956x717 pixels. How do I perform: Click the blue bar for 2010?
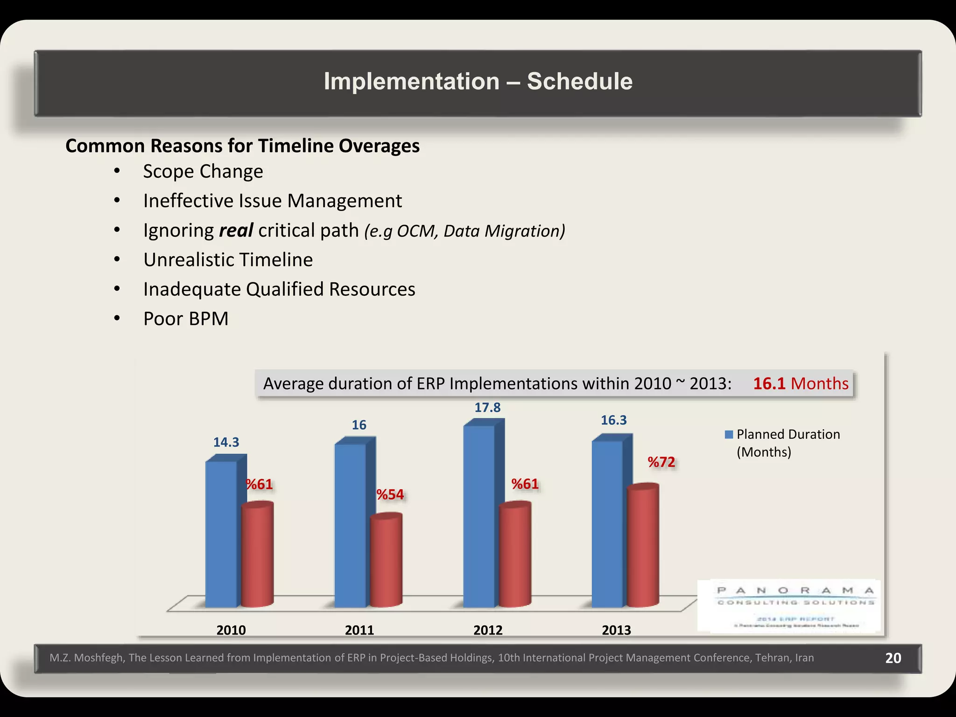pyautogui.click(x=221, y=534)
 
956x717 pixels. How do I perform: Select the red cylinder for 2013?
pyautogui.click(x=643, y=546)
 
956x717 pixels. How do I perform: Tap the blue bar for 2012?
pyautogui.click(x=479, y=516)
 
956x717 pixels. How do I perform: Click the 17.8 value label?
pyautogui.click(x=487, y=408)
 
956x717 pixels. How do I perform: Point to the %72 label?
pyautogui.click(x=661, y=462)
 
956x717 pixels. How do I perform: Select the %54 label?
pyautogui.click(x=390, y=494)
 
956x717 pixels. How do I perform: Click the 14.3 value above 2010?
pyautogui.click(x=226, y=442)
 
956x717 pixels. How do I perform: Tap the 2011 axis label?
pyautogui.click(x=359, y=630)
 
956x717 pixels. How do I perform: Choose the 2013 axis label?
pyautogui.click(x=616, y=630)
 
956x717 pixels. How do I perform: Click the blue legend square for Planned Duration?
pyautogui.click(x=729, y=435)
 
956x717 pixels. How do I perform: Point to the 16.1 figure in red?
pyautogui.click(x=769, y=383)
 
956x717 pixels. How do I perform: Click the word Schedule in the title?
pyautogui.click(x=579, y=81)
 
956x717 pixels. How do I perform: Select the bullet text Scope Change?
pyautogui.click(x=203, y=171)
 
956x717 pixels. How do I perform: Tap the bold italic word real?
pyautogui.click(x=236, y=231)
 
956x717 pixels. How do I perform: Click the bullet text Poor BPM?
pyautogui.click(x=186, y=319)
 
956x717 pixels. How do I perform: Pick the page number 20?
pyautogui.click(x=893, y=658)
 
